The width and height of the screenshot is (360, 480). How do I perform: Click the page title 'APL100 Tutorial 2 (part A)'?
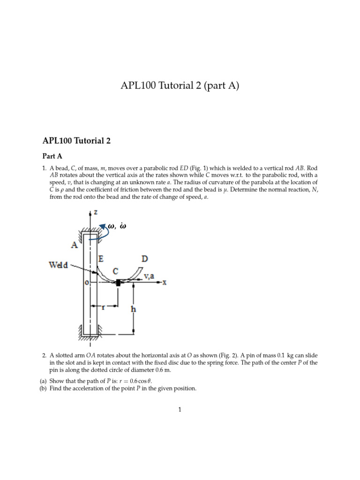coord(180,86)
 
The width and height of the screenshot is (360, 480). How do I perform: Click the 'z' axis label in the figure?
coord(96,212)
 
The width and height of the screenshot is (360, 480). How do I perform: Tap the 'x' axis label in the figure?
coord(165,283)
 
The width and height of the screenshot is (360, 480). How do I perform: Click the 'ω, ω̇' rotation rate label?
coord(118,226)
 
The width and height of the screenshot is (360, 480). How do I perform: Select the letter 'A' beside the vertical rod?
coord(75,245)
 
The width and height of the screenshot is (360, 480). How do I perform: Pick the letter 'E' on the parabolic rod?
coord(101,258)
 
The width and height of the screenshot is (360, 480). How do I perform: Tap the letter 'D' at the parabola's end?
coord(145,258)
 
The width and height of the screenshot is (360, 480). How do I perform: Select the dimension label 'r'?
coord(103,307)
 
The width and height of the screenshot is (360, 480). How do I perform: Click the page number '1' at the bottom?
coord(180,409)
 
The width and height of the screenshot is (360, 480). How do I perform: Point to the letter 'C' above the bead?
coord(115,270)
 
